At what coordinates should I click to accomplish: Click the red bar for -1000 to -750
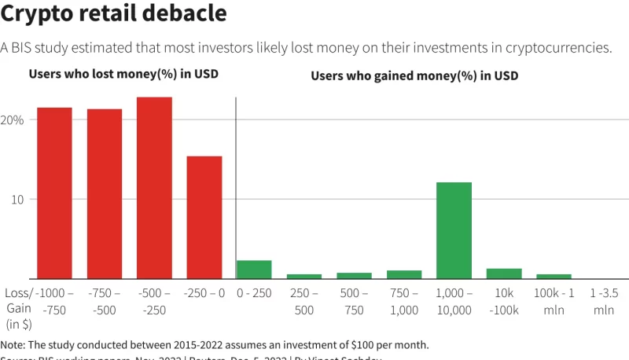point(54,193)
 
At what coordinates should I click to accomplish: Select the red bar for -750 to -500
point(105,193)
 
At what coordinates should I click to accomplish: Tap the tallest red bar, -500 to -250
point(154,188)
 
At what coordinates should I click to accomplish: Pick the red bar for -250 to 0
point(204,217)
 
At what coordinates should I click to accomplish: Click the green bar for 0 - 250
point(254,270)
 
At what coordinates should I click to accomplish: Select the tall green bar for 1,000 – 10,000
point(454,230)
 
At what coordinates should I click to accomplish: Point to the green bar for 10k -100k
point(504,274)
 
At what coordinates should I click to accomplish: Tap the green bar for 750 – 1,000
point(404,274)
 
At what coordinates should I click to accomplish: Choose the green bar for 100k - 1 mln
point(554,276)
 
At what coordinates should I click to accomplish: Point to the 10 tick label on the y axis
point(17,200)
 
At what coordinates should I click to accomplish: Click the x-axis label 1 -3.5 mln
point(604,301)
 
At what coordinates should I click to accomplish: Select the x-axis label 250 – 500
point(303,301)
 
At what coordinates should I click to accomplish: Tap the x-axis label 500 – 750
point(354,301)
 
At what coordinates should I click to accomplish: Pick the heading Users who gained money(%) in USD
point(414,76)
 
